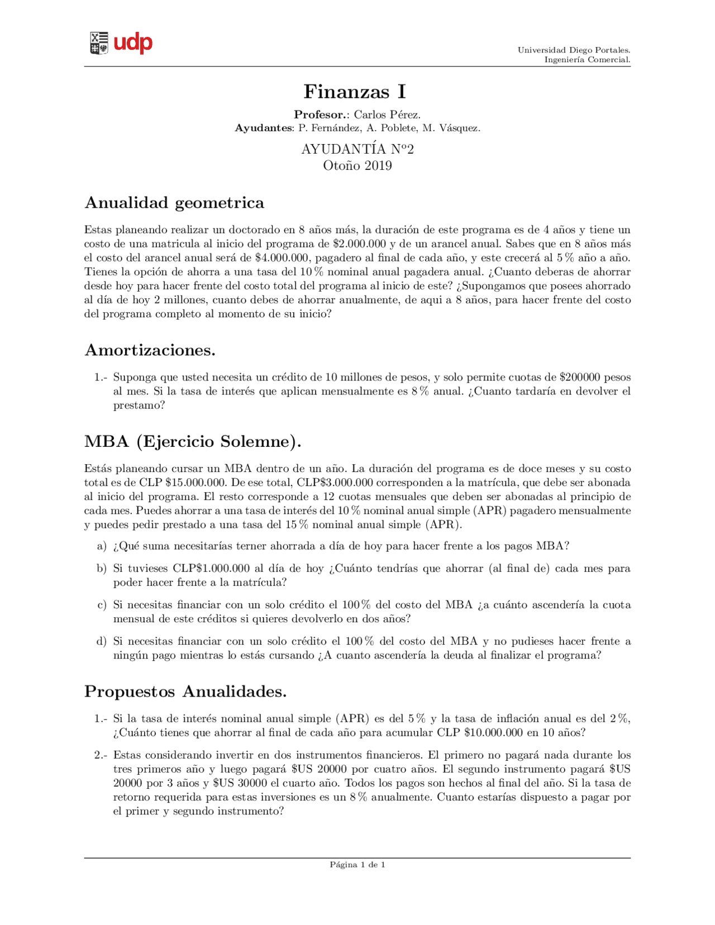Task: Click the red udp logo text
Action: click(x=133, y=43)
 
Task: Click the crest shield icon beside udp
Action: click(x=99, y=43)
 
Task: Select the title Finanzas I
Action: click(x=355, y=91)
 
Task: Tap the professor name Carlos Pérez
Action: click(x=387, y=115)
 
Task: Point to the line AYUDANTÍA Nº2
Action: click(x=357, y=149)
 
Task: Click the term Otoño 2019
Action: click(x=357, y=166)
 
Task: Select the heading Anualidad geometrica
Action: click(x=174, y=203)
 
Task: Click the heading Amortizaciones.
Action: click(x=150, y=350)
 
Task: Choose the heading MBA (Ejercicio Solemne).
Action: click(x=193, y=442)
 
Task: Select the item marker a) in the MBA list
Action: click(x=102, y=546)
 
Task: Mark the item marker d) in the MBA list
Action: click(x=102, y=641)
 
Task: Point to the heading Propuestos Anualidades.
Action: click(x=185, y=692)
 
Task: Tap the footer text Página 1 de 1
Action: click(x=357, y=865)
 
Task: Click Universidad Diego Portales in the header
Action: click(x=574, y=50)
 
